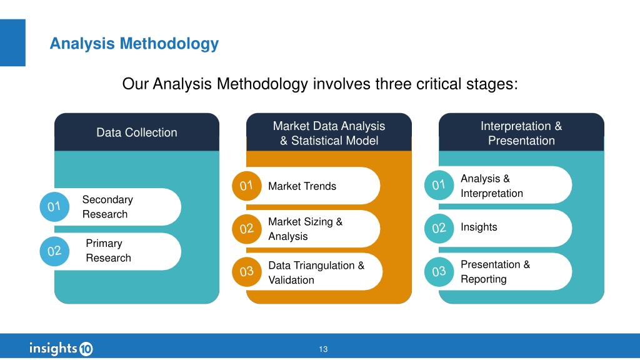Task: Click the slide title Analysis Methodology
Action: click(134, 44)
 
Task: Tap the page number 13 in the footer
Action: click(323, 349)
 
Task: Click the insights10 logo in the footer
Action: click(61, 349)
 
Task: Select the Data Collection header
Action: click(137, 132)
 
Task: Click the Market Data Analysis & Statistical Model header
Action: click(329, 133)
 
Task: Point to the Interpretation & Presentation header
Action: click(521, 133)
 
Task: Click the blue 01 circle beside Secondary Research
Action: click(54, 207)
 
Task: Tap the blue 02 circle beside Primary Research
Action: click(54, 251)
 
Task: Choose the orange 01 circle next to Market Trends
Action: click(246, 186)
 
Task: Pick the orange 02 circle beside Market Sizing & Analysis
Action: click(246, 229)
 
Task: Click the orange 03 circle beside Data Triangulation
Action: click(246, 272)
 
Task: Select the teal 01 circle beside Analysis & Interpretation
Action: click(439, 185)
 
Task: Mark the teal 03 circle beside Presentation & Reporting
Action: click(439, 272)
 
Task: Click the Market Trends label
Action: click(302, 186)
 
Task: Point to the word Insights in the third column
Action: click(479, 227)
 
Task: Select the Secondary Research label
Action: click(107, 207)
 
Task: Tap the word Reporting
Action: click(484, 279)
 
